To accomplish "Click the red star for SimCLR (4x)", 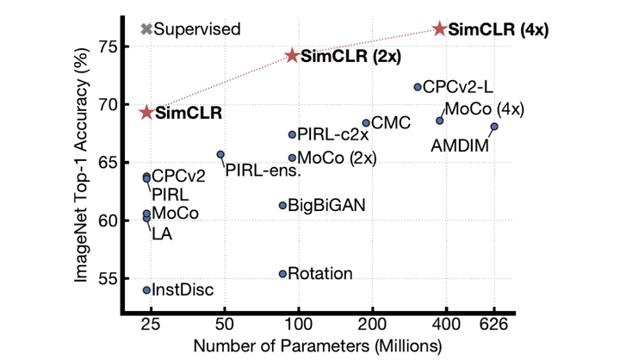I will [x=440, y=28].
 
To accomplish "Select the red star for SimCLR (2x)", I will [x=292, y=55].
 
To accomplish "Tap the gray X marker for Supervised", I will [x=146, y=28].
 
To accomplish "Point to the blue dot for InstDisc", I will [x=146, y=290].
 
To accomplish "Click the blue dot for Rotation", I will [x=282, y=274].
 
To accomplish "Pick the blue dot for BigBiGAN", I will [x=282, y=205].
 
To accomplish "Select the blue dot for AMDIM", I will [x=494, y=127].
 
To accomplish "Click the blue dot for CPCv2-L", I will [x=418, y=87].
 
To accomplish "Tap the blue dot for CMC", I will [x=366, y=123].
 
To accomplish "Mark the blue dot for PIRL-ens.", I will [x=220, y=154].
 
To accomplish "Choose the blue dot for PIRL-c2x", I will [x=292, y=134].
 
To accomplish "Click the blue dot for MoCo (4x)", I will [x=439, y=121].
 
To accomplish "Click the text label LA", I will [x=161, y=233].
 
